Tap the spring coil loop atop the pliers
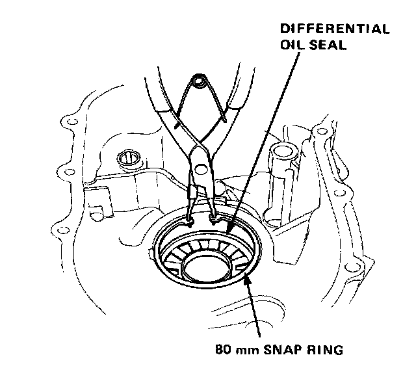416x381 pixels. pyautogui.click(x=200, y=83)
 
